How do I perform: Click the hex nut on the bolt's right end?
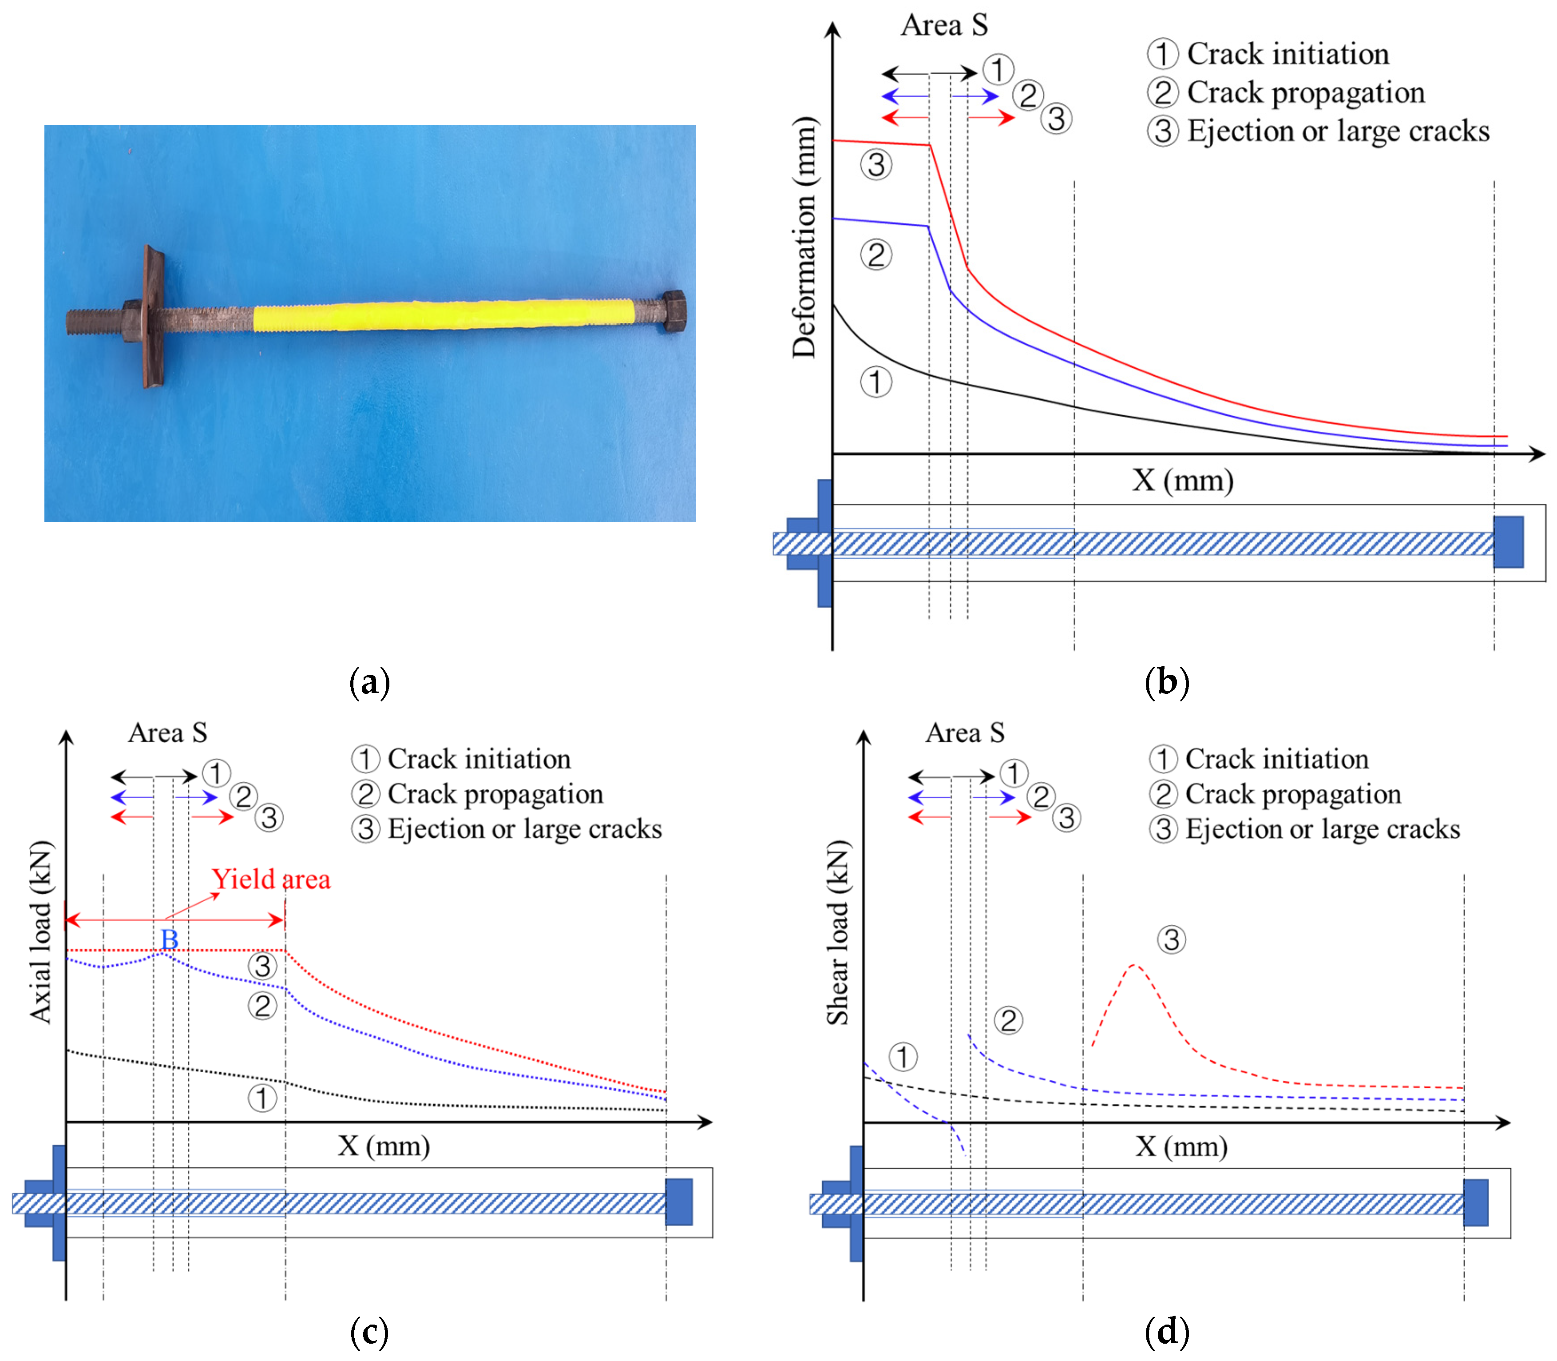click(674, 310)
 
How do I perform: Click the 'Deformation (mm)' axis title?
click(804, 237)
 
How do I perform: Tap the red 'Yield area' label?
click(271, 879)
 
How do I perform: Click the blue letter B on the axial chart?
click(169, 939)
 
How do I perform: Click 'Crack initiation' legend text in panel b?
click(1288, 54)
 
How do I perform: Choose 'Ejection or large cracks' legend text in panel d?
click(1323, 828)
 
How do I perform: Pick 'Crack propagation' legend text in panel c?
click(495, 794)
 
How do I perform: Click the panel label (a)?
click(370, 681)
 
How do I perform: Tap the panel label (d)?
click(1167, 1331)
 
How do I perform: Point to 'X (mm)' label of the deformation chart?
click(1183, 480)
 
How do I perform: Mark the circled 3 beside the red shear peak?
click(1171, 939)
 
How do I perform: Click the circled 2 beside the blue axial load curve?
click(262, 1006)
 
